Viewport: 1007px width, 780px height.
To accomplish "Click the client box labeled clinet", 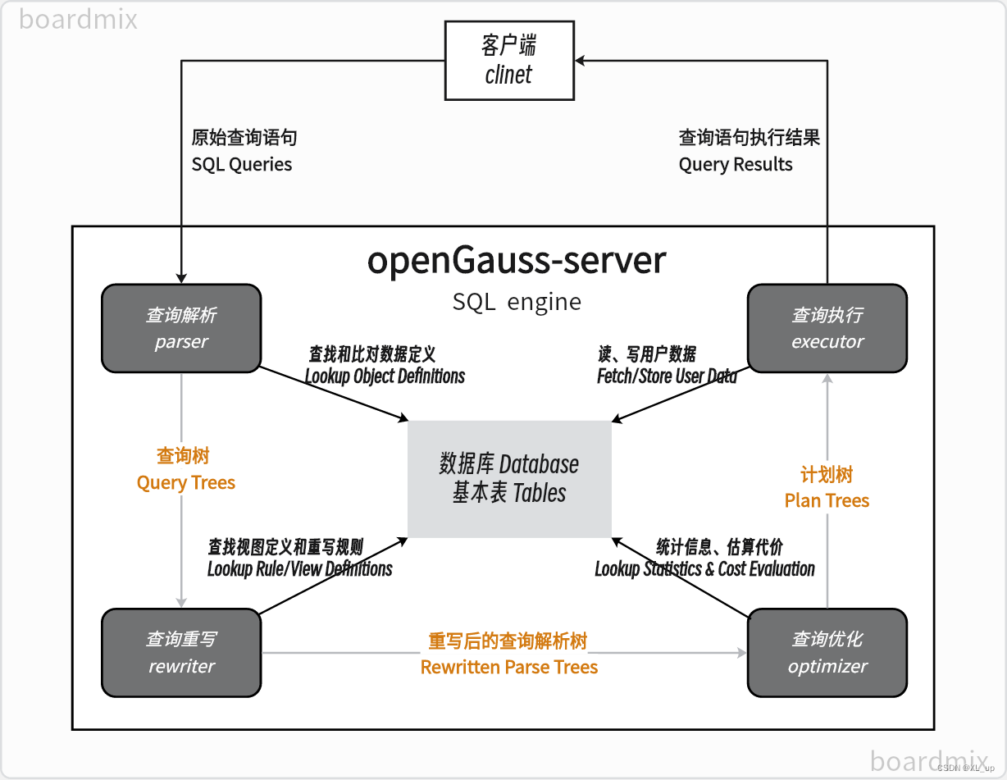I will tap(508, 62).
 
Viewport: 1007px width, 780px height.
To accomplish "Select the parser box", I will tap(181, 328).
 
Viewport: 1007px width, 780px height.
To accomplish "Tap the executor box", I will tap(827, 328).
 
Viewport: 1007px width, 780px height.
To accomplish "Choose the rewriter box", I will tap(181, 653).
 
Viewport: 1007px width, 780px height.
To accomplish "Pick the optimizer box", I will tap(827, 653).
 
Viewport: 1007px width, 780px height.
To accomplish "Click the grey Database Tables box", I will tap(509, 479).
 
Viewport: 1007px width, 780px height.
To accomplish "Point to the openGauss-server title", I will tap(517, 261).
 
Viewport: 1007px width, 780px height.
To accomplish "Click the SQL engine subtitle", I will tap(517, 302).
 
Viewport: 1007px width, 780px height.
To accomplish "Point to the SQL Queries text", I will tap(242, 164).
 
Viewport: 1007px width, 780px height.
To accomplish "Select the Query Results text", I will tap(736, 164).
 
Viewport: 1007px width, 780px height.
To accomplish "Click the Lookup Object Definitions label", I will tap(385, 376).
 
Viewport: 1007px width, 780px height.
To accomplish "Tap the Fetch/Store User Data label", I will tap(667, 376).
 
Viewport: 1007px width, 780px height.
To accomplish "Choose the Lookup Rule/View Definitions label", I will tap(299, 568).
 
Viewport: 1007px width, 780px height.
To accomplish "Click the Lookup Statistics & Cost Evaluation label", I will tap(704, 568).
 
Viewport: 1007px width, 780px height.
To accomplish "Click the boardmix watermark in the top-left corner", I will tap(79, 19).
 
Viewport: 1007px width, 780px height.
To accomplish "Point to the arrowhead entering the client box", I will tap(581, 61).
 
